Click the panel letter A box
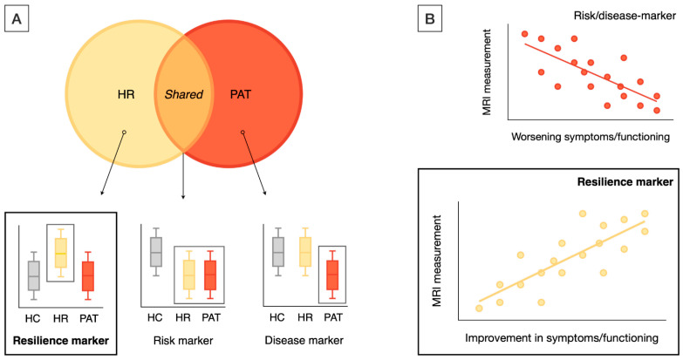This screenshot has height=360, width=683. click(17, 17)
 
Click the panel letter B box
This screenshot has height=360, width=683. click(430, 17)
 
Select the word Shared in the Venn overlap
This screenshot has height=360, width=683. click(184, 92)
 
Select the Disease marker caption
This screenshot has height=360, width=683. click(306, 338)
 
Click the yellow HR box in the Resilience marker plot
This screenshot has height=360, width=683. click(61, 253)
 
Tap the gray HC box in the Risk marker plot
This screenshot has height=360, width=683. click(155, 252)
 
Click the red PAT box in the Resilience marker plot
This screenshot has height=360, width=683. click(87, 275)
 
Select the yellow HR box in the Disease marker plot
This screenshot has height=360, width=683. click(304, 252)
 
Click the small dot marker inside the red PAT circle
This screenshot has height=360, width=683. click(243, 133)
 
